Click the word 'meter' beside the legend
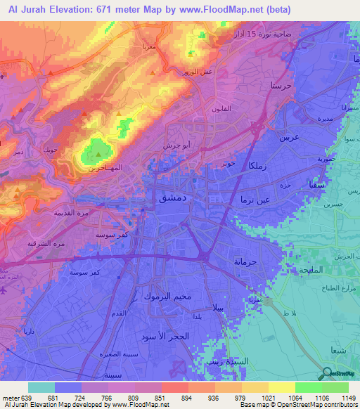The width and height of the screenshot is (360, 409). click(11, 396)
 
